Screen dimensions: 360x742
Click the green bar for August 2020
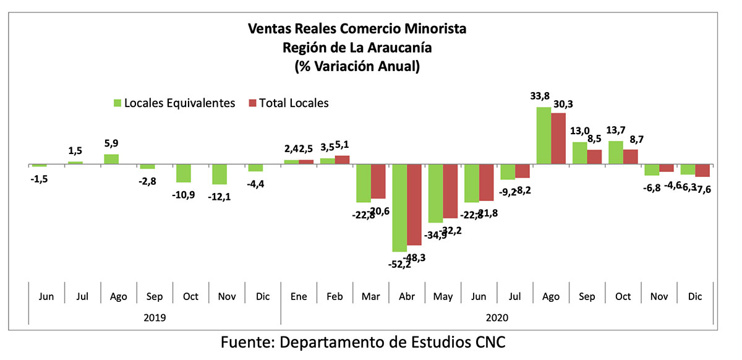click(543, 135)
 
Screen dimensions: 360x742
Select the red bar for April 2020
click(414, 205)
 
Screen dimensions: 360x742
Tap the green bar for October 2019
click(183, 173)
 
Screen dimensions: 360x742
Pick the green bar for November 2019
click(219, 174)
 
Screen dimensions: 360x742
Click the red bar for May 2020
click(450, 191)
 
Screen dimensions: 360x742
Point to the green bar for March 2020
click(363, 183)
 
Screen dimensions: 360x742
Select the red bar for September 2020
click(594, 157)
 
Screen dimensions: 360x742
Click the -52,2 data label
click(400, 264)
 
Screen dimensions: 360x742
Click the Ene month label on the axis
click(299, 296)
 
